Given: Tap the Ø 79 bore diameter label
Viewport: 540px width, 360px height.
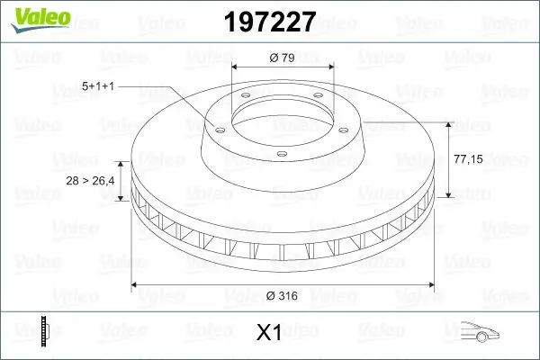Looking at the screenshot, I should click(x=283, y=58).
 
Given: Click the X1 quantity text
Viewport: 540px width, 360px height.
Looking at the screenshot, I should click(x=270, y=333).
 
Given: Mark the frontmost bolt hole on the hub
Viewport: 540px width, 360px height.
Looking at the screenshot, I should click(x=281, y=155).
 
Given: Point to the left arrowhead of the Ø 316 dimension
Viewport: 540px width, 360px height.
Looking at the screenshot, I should click(x=136, y=285).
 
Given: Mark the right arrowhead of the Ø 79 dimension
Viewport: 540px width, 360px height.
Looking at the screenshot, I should click(x=333, y=67).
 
